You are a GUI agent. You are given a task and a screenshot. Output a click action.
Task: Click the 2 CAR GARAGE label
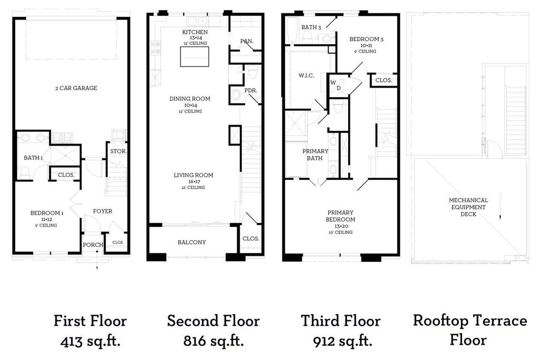pyautogui.click(x=76, y=88)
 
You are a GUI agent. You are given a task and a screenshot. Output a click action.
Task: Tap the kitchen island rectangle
pyautogui.click(x=194, y=56)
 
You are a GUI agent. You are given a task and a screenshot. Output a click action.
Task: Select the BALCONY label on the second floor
pyautogui.click(x=192, y=242)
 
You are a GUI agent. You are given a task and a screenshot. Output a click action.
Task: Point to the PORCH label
pyautogui.click(x=93, y=245)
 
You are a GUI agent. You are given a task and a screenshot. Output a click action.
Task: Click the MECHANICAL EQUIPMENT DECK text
pyautogui.click(x=468, y=207)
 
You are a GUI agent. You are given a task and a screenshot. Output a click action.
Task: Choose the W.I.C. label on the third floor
pyautogui.click(x=306, y=75)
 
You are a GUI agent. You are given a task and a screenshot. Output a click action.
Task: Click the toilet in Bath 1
pyautogui.click(x=25, y=172)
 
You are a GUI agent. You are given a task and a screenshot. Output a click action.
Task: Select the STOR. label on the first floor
pyautogui.click(x=118, y=151)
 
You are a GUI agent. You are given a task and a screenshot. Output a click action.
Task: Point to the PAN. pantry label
pyautogui.click(x=247, y=41)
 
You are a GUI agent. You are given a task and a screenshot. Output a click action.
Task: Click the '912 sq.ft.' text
pyautogui.click(x=342, y=342)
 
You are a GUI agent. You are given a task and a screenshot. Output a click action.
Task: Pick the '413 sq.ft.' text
pyautogui.click(x=90, y=342)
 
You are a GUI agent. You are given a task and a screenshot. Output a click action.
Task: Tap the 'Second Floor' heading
pyautogui.click(x=213, y=321)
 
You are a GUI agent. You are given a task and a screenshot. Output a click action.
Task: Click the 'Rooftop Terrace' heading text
pyautogui.click(x=470, y=320)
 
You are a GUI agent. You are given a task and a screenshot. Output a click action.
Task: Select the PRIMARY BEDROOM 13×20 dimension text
pyautogui.click(x=340, y=226)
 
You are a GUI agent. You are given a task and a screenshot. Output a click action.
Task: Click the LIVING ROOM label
pyautogui.click(x=193, y=175)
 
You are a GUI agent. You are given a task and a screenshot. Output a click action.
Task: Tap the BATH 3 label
pyautogui.click(x=311, y=27)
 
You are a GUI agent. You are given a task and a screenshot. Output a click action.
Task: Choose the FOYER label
pyautogui.click(x=102, y=211)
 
